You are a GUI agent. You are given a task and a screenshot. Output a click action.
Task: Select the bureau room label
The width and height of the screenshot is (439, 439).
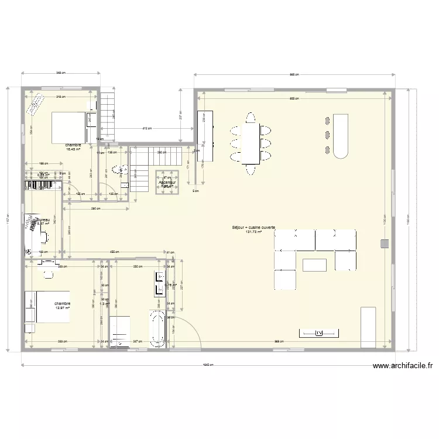[42, 220]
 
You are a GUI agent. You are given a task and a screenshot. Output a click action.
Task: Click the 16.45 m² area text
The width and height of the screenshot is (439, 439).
[73, 149]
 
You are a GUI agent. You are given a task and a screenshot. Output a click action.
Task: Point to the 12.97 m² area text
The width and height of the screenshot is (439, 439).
[63, 308]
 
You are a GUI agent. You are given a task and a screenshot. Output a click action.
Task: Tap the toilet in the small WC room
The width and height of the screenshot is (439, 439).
[122, 170]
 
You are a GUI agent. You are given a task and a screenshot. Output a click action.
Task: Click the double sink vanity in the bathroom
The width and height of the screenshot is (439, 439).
[159, 283]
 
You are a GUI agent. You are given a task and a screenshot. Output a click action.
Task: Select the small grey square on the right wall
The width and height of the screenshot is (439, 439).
[384, 243]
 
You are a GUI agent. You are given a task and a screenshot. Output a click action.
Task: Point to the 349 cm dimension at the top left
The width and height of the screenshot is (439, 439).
[60, 73]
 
